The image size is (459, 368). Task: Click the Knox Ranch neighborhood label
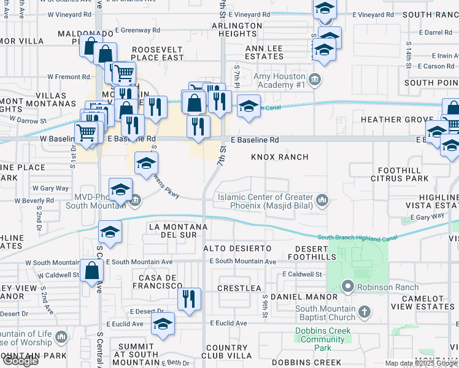point(279,157)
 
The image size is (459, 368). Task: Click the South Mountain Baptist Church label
point(325,313)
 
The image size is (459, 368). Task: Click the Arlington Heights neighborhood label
point(237,29)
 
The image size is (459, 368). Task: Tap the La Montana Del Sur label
point(174,231)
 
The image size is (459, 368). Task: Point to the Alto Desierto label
point(237,248)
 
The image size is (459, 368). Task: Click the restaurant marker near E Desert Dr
point(189,299)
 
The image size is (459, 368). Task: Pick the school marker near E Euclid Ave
point(163,324)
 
